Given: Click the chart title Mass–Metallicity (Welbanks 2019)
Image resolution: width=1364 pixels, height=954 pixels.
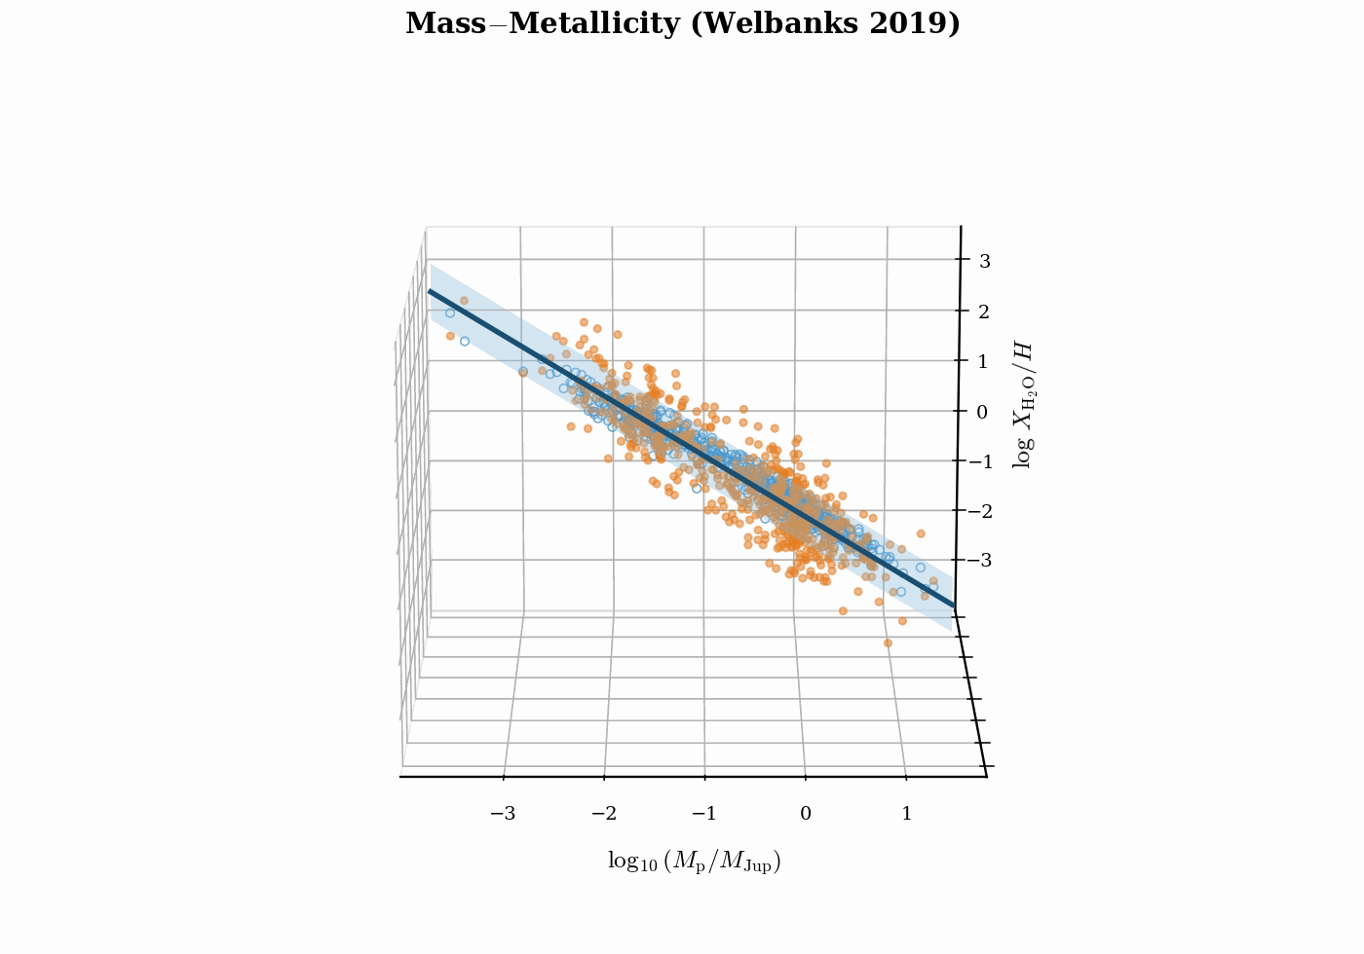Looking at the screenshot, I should point(682,23).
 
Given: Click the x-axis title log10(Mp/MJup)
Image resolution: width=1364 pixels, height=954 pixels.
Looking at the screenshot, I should point(694,862).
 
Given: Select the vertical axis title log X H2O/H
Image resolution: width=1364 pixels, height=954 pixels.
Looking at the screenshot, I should point(1022,405).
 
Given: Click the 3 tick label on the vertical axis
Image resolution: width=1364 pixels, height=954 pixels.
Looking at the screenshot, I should point(985,261).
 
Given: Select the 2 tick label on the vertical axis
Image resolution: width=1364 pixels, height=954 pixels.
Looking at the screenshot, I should point(984,312).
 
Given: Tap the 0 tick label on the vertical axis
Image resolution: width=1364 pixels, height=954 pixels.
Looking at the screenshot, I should point(982,412).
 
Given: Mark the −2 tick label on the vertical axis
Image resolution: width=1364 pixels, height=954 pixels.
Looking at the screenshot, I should point(977,511).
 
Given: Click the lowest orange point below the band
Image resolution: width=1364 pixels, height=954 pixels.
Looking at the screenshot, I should point(888,642).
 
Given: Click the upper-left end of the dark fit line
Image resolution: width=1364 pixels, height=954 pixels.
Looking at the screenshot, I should point(430,290).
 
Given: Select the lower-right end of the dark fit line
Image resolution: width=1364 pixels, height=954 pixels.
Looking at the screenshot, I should point(953,606).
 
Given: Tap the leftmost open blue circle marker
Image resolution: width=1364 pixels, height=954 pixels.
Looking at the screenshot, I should point(450,312).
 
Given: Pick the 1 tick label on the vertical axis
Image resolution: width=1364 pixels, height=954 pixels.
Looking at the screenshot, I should point(983,361).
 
